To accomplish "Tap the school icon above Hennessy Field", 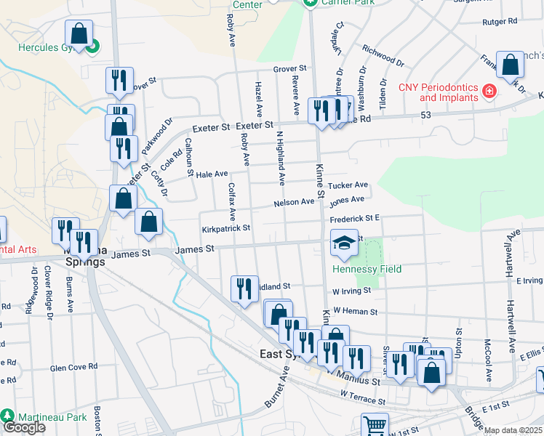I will [342, 243].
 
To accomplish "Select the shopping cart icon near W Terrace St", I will [375, 425].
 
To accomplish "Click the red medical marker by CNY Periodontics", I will [489, 92].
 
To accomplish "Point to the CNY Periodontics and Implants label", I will [439, 92].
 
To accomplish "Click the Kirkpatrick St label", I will [226, 227].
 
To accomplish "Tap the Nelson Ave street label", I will [294, 203].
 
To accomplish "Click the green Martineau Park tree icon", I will [7, 416].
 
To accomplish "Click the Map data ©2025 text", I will [513, 430].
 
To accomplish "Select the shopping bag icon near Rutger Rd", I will [511, 64].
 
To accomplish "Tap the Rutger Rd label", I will [498, 22].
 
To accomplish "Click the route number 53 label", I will [426, 115].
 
